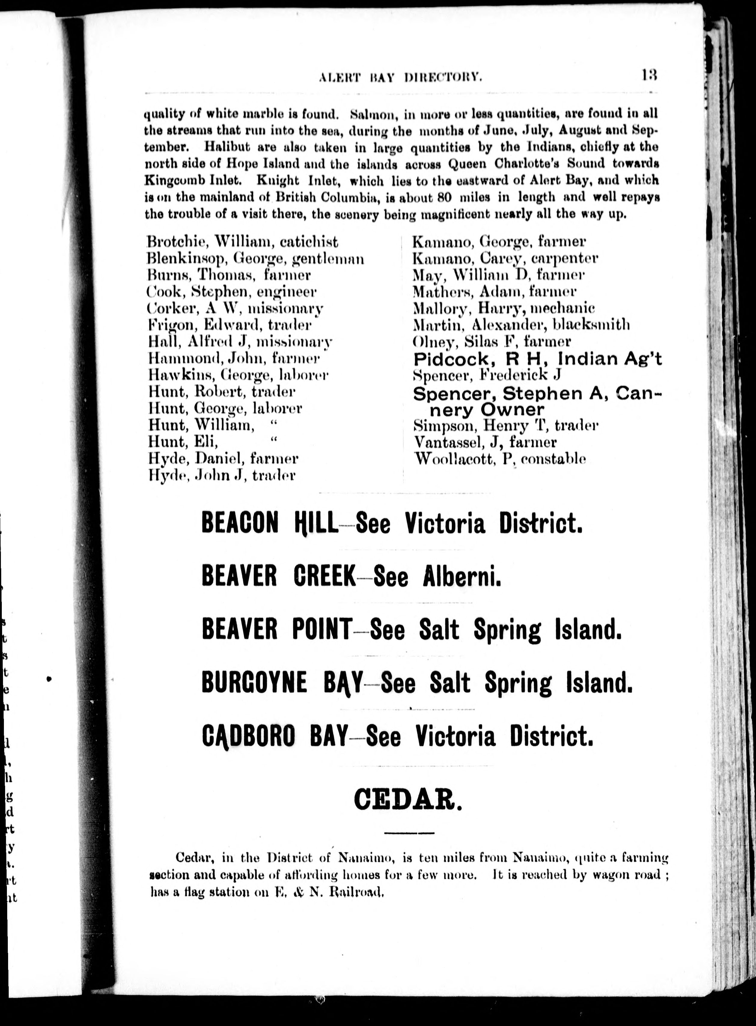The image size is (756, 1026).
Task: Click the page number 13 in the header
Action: (x=649, y=75)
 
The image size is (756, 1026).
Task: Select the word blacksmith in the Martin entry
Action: (x=591, y=325)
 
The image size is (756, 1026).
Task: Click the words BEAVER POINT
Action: (x=277, y=629)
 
